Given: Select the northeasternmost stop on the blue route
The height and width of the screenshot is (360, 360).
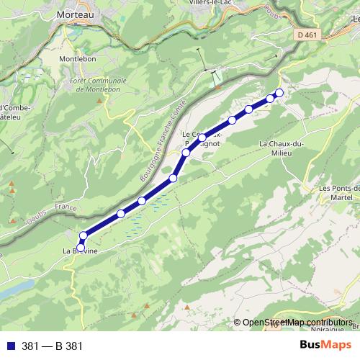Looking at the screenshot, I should pos(279,93).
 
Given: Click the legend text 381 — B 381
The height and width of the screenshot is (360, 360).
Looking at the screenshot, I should pos(53,346).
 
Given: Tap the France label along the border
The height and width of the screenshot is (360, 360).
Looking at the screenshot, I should pos(69,207).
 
